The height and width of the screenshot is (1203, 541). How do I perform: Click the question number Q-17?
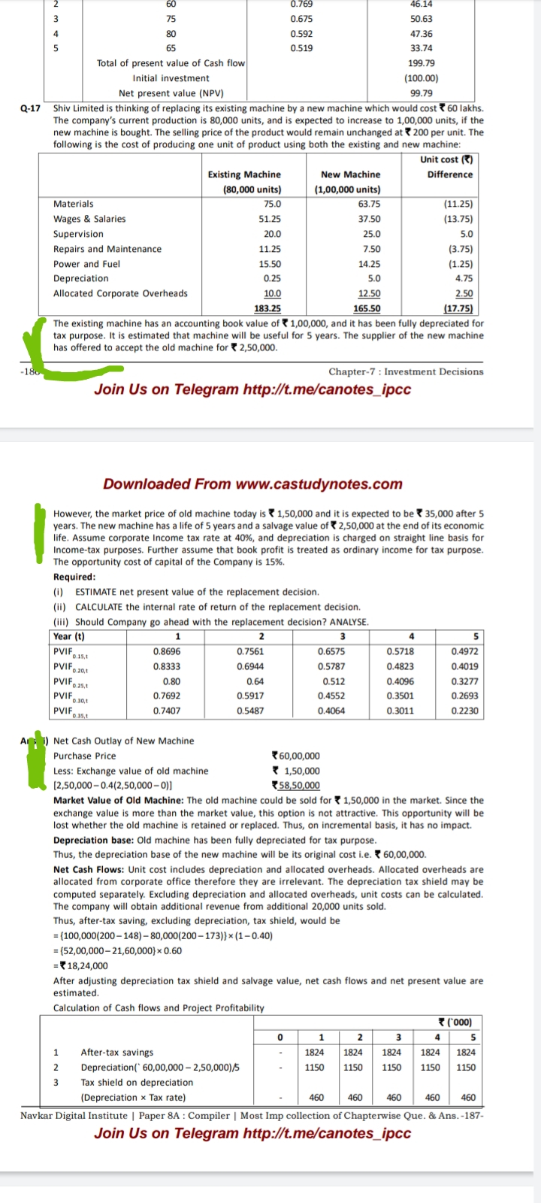(x=30, y=108)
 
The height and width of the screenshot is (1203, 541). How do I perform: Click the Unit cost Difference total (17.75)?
(x=458, y=308)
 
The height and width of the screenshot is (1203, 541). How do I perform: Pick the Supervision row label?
(x=78, y=234)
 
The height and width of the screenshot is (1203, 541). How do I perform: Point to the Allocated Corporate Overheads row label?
(x=120, y=293)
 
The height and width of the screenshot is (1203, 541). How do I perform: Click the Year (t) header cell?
(x=69, y=637)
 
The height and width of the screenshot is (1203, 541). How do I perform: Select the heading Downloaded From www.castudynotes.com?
(x=252, y=484)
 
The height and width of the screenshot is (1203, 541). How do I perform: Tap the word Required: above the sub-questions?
(x=74, y=577)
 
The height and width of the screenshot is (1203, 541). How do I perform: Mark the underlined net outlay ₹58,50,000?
(x=295, y=786)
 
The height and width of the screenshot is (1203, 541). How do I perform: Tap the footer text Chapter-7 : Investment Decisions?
(x=406, y=371)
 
